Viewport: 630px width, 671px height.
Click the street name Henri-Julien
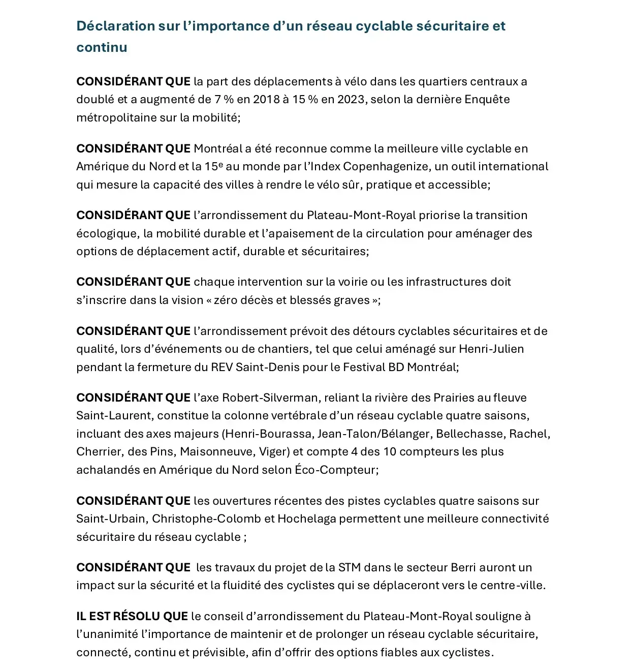click(x=491, y=349)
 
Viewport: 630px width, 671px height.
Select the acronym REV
click(x=222, y=367)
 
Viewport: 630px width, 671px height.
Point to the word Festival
click(x=364, y=367)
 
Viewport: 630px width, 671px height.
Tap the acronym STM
click(x=350, y=568)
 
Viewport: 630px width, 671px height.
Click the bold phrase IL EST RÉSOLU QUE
click(x=132, y=617)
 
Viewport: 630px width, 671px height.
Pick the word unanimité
click(x=107, y=634)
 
